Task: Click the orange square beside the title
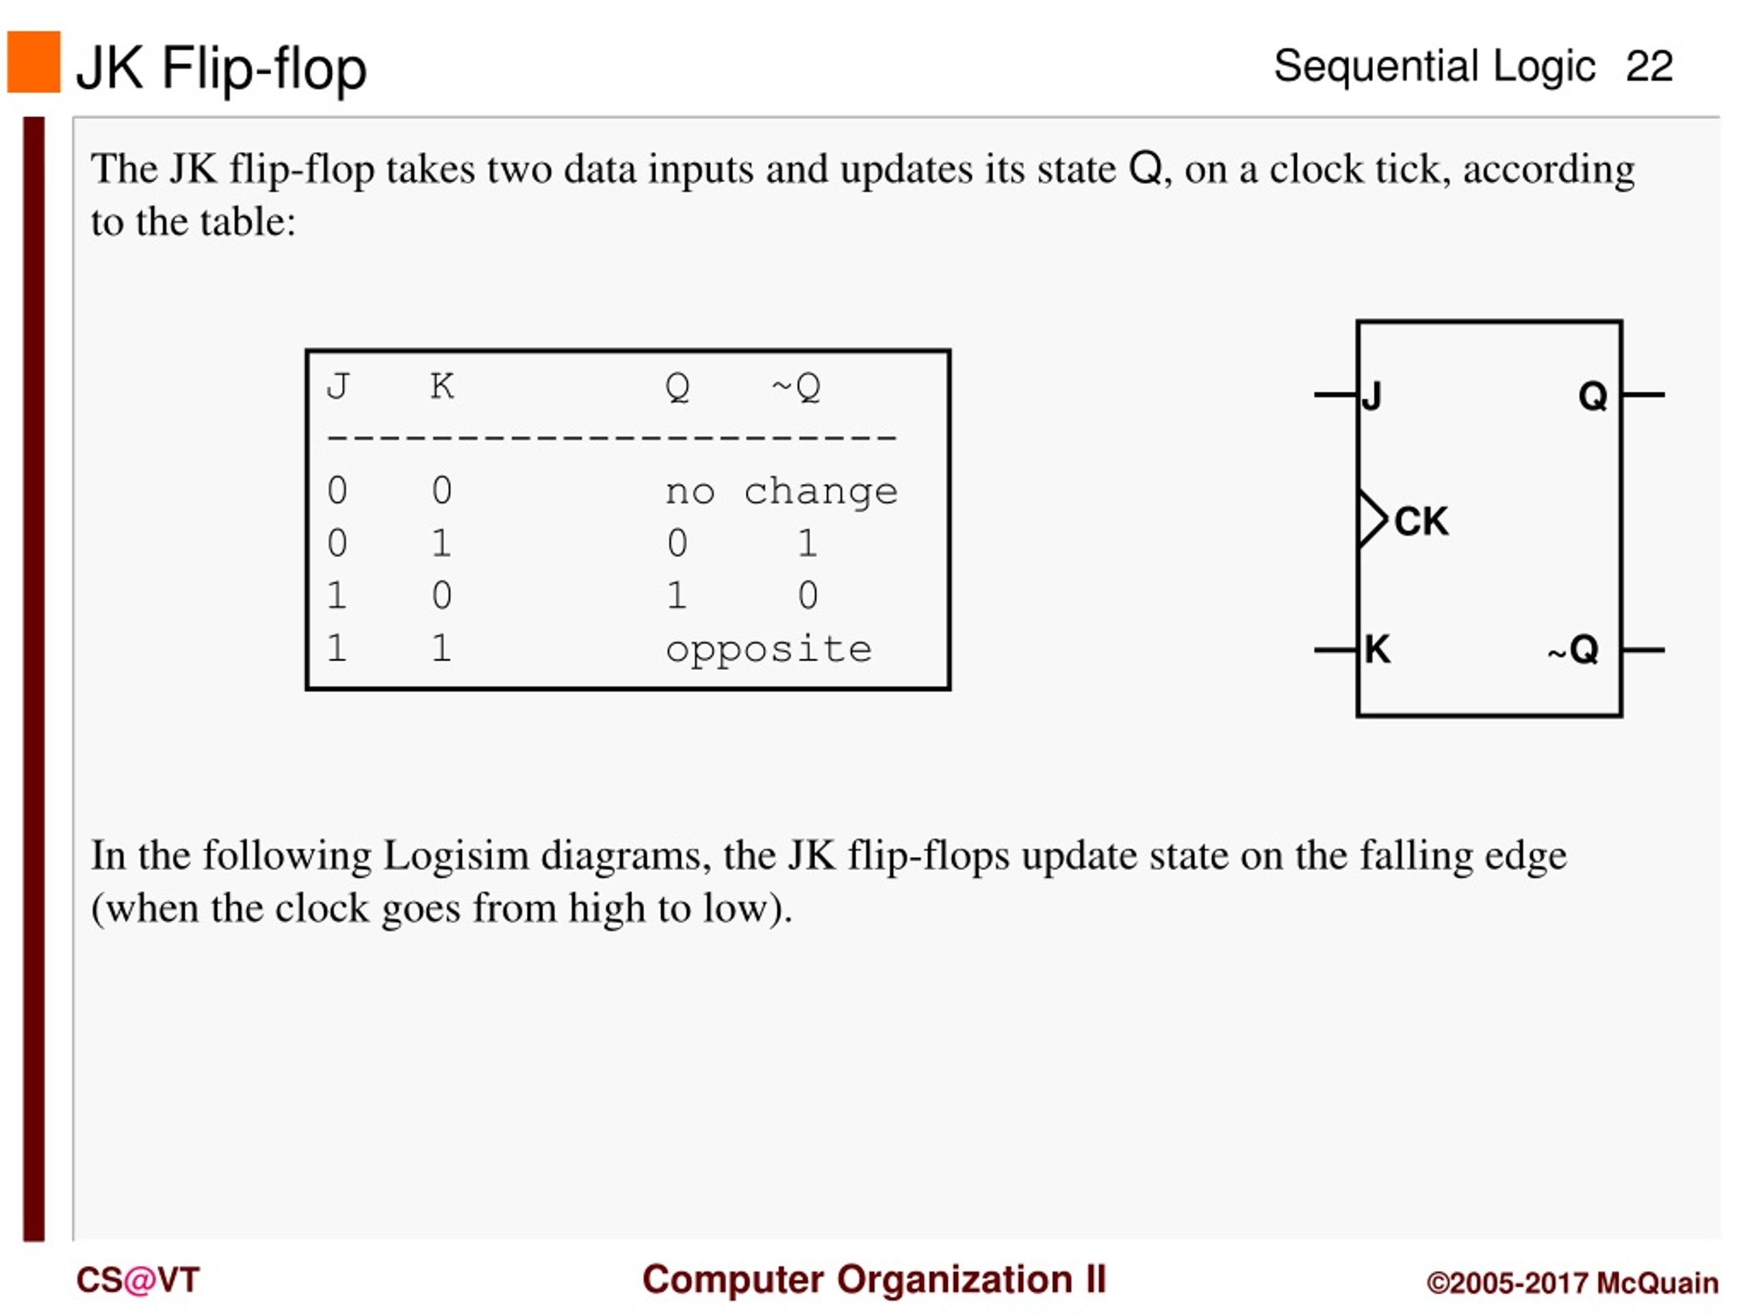coord(34,62)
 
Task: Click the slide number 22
coord(1649,66)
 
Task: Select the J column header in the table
coord(338,387)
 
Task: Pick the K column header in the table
coord(442,387)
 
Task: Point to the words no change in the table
coord(782,492)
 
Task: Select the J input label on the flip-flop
coord(1371,396)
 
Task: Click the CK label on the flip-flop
coord(1421,522)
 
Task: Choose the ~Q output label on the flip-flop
coord(1573,649)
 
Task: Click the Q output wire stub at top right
coord(1643,394)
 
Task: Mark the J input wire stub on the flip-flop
coord(1336,394)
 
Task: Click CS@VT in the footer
coord(138,1280)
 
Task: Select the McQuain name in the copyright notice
coord(1657,1283)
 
